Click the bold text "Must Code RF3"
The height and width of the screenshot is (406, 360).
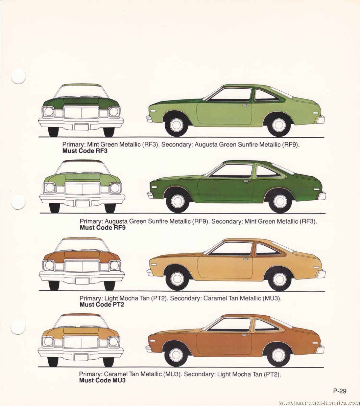click(85, 151)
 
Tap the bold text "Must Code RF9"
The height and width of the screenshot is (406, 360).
click(102, 227)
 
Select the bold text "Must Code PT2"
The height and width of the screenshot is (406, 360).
click(102, 304)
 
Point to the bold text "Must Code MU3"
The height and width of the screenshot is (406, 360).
click(102, 380)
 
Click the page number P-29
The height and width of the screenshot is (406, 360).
click(340, 391)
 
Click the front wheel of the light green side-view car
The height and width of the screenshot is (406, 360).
click(176, 125)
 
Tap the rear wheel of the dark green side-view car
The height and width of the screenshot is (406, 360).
click(280, 201)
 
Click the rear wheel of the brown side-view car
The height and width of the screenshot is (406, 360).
click(278, 355)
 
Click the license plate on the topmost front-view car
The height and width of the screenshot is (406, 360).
click(81, 127)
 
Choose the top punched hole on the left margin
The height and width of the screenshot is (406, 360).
click(18, 76)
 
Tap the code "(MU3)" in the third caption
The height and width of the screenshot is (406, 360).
click(271, 298)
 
